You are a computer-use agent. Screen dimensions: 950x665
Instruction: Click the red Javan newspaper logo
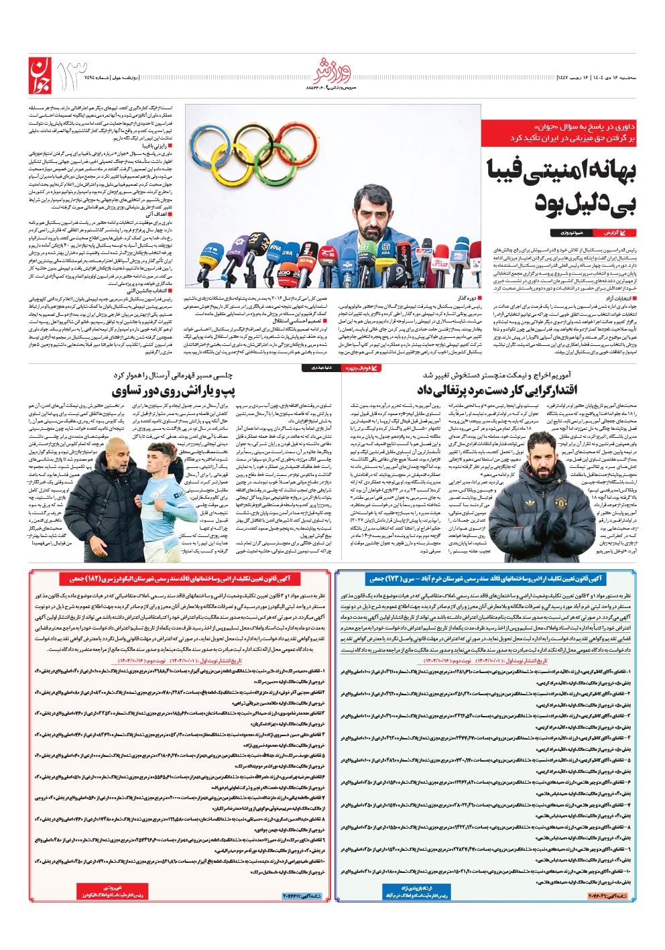click(x=40, y=75)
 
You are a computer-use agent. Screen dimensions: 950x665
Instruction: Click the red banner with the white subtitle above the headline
click(x=558, y=131)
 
